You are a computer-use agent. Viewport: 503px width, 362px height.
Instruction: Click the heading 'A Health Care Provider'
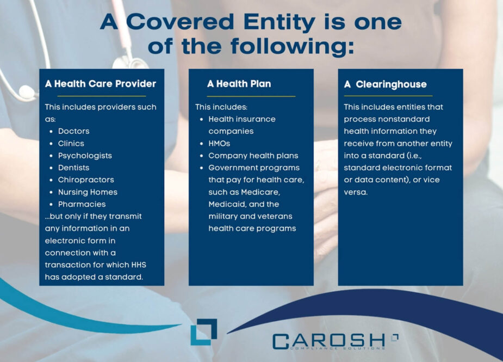coord(101,84)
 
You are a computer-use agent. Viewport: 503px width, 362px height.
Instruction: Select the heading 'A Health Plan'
coord(239,84)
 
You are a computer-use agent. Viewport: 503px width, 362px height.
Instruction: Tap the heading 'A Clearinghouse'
coord(386,84)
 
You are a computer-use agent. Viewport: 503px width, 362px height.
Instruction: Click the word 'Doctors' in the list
coord(74,131)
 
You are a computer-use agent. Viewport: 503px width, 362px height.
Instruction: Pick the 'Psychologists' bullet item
coord(85,156)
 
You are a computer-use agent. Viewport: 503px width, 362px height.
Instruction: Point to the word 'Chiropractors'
coord(86,180)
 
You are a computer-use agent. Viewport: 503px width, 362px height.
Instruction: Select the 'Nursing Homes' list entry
coord(88,192)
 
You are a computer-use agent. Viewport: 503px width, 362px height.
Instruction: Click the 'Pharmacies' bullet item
coord(82,204)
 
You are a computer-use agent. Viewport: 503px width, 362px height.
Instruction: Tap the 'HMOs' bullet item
coord(220,144)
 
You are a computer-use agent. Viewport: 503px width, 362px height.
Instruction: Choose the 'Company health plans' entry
coord(253,156)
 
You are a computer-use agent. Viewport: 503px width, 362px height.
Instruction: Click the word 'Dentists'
coord(74,168)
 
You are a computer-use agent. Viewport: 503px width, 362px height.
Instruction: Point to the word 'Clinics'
coord(71,144)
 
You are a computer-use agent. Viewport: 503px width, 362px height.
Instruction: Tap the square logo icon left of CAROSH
coord(204,332)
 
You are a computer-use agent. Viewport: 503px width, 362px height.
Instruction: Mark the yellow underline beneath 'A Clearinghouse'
coord(388,96)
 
